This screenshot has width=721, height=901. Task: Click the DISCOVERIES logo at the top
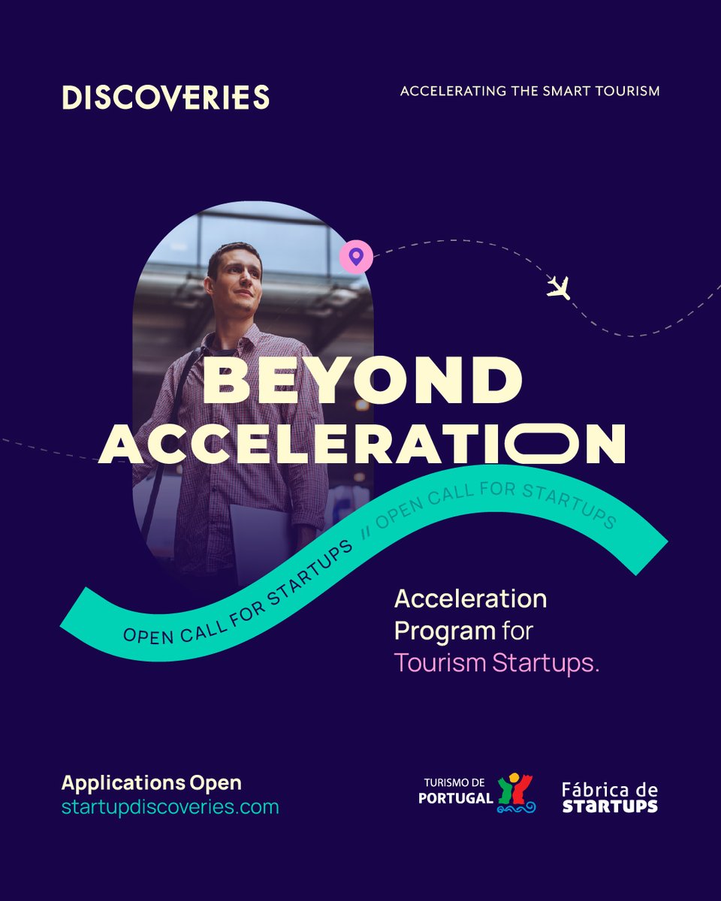tap(165, 98)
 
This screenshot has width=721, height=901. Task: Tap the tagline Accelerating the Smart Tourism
tap(529, 91)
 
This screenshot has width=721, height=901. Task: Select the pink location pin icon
tap(356, 257)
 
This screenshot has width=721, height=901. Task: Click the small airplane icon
tap(558, 287)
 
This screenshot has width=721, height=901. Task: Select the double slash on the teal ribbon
tap(367, 533)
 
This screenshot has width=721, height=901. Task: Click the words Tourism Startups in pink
tap(496, 664)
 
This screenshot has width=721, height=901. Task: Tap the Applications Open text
tap(152, 782)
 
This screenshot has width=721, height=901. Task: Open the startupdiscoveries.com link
tap(170, 807)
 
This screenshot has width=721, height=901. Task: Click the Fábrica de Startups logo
tap(610, 797)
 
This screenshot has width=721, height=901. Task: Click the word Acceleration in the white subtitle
tap(471, 599)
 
